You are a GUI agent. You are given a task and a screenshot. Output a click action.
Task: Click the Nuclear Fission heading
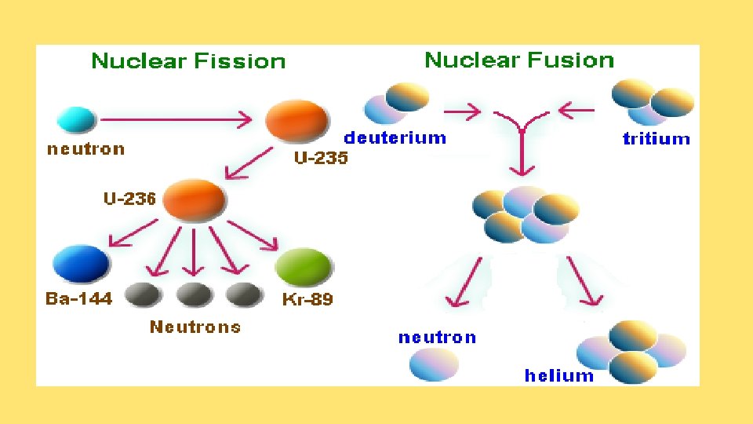[188, 61]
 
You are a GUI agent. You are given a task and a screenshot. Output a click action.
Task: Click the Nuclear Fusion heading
[519, 60]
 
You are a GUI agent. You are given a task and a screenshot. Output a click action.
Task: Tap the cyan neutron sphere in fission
[76, 120]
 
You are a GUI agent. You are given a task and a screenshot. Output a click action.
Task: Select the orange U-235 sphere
[296, 122]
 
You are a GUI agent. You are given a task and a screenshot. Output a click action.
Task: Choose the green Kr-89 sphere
[304, 266]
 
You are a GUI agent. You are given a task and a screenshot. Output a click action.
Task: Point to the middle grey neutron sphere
[195, 294]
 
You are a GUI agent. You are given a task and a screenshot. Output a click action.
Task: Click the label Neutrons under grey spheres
[195, 327]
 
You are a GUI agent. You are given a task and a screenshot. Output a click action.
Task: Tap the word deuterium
[395, 139]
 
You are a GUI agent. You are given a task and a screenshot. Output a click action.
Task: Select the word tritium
[656, 140]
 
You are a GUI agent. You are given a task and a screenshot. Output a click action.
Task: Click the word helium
[559, 375]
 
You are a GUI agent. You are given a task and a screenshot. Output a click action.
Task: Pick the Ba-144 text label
[78, 299]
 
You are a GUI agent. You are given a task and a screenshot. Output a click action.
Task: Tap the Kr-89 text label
[307, 300]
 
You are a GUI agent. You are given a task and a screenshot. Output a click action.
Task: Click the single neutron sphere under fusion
[434, 365]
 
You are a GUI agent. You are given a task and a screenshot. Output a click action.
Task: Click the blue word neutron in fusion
[437, 338]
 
